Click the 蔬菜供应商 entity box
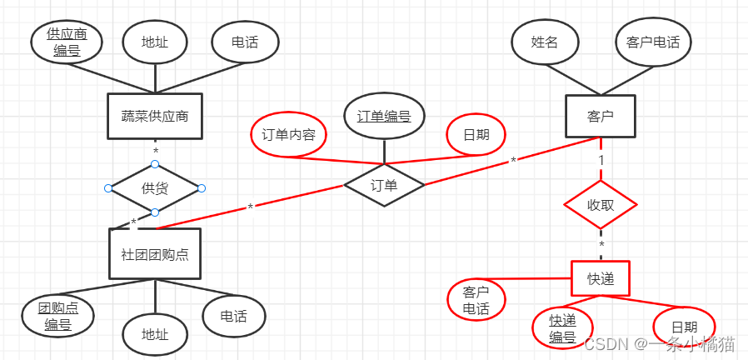155,116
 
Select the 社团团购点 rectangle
155,253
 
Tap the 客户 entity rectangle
600,116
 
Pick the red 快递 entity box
600,278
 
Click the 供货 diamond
155,188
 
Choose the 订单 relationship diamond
384,186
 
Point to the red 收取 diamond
600,205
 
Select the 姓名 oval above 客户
545,42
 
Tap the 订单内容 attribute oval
288,135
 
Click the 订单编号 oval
384,117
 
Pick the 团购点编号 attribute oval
57,317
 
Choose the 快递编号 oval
562,328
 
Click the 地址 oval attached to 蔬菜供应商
155,42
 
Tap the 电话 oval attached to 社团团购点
233,316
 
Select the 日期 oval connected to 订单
476,135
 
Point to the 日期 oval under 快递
684,327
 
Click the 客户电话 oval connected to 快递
476,301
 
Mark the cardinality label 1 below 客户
601,159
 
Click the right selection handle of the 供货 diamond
202,188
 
